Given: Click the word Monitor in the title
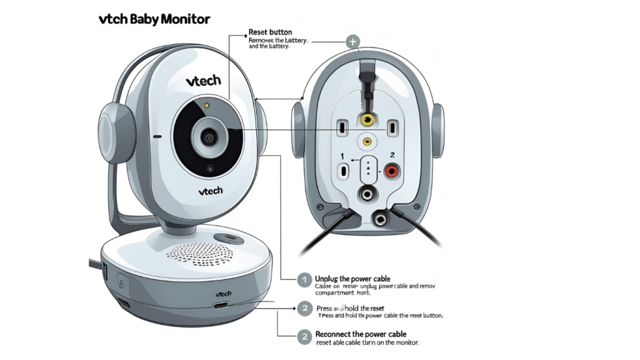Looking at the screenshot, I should pos(185,19).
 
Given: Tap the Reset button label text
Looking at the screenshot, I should pos(270,32).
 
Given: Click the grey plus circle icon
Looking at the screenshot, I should pos(353,42).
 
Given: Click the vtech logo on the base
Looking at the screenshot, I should pos(223,293).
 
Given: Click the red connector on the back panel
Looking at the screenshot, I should pos(392,170).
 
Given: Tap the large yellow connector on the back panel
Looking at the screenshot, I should pos(368,118).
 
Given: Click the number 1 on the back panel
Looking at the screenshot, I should pos(342,154).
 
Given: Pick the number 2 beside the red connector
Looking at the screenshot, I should pos(392,154).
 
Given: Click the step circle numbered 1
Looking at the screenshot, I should pos(304,281).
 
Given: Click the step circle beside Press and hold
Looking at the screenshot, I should pos(304,308).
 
